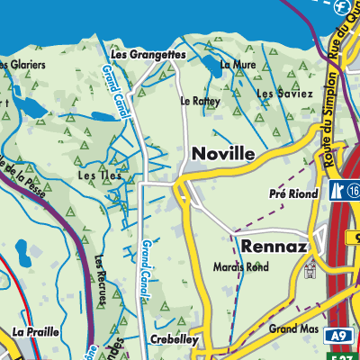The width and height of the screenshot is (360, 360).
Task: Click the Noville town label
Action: pyautogui.click(x=221, y=155)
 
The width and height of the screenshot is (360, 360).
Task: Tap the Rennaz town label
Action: pyautogui.click(x=274, y=246)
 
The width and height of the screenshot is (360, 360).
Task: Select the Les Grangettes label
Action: pyautogui.click(x=148, y=55)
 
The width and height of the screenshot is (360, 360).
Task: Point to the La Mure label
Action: pyautogui.click(x=238, y=65)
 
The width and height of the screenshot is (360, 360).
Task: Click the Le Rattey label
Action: pyautogui.click(x=200, y=101)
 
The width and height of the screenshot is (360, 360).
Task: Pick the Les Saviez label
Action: pyautogui.click(x=284, y=94)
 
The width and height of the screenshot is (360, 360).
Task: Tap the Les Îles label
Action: pyautogui.click(x=95, y=175)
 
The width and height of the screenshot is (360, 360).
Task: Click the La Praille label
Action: pyautogui.click(x=36, y=332)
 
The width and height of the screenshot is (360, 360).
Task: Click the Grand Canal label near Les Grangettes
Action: pyautogui.click(x=117, y=93)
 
